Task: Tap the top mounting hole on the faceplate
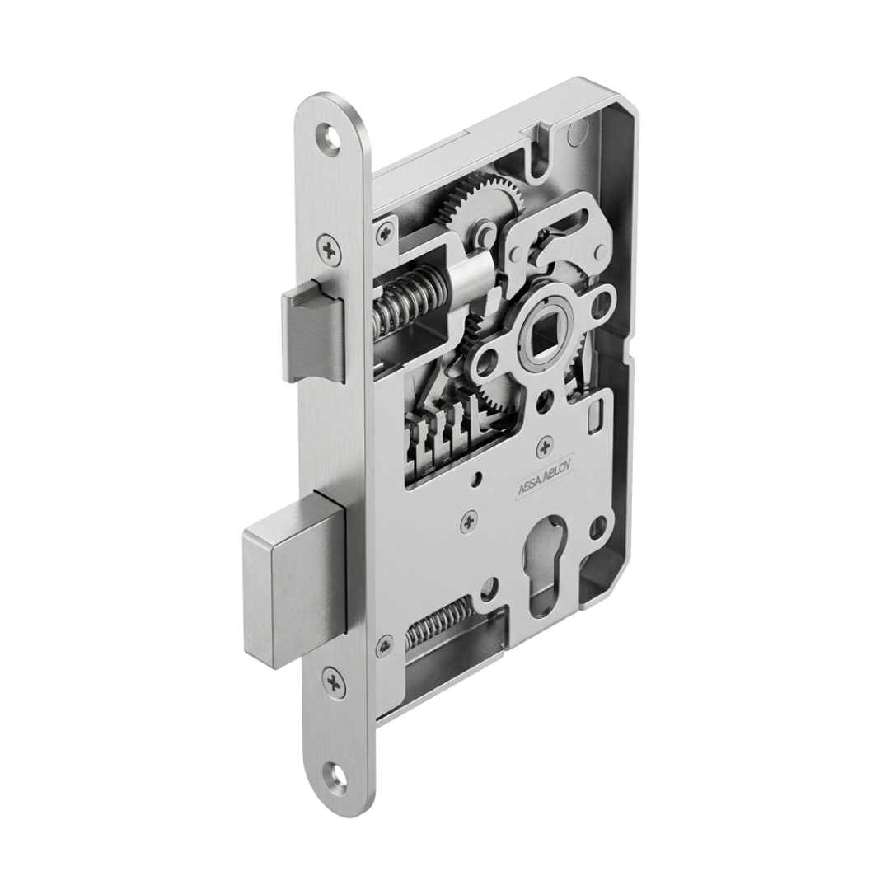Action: (329, 138)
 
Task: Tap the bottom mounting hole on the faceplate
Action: (339, 776)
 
